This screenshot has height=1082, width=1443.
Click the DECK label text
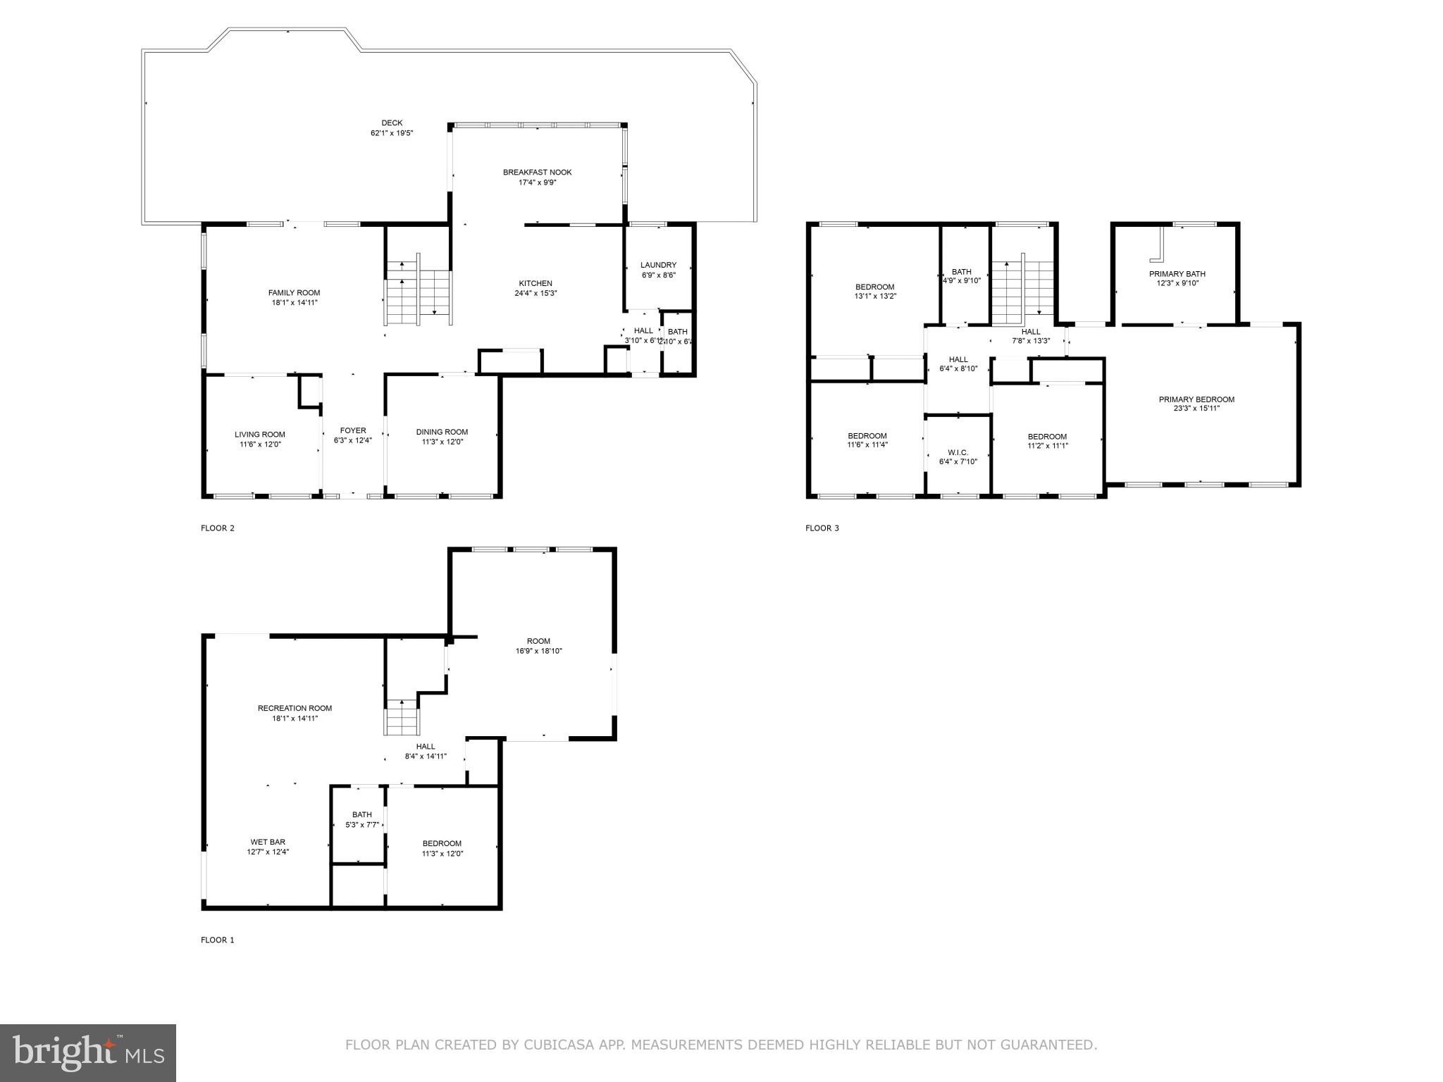pos(392,123)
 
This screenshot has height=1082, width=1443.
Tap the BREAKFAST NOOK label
pos(537,173)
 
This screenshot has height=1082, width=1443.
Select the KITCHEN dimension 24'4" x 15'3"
pos(535,293)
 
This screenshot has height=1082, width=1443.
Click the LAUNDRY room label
pos(658,266)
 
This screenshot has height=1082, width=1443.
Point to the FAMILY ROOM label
pos(294,293)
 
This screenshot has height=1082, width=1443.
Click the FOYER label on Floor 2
pos(353,430)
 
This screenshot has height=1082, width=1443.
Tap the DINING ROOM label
pos(442,432)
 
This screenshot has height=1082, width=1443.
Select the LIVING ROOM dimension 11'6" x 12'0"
pos(259,444)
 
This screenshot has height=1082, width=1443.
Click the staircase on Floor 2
pos(418,296)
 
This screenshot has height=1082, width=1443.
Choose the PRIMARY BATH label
pos(1177,274)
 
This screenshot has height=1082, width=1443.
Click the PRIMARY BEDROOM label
pos(1196,399)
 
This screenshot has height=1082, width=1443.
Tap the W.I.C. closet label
pos(958,452)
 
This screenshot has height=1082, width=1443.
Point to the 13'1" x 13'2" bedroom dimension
pos(875,297)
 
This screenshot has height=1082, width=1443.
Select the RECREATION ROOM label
pos(295,709)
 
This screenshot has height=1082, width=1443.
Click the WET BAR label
pos(268,842)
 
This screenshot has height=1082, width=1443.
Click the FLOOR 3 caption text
pos(822,528)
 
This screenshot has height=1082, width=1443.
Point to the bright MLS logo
pos(88,1053)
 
